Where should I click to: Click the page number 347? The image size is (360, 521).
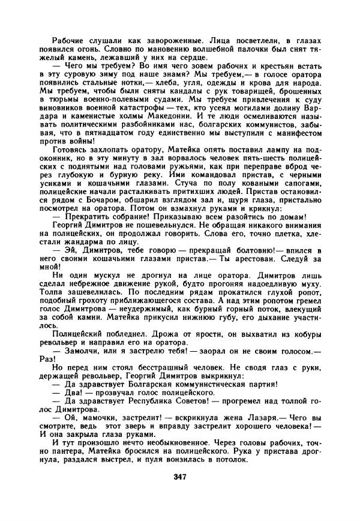[179, 478]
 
